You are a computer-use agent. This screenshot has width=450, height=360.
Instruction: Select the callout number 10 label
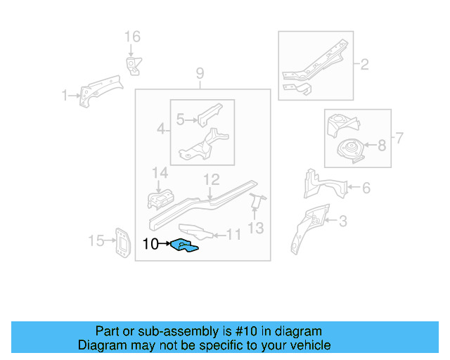[x=150, y=245]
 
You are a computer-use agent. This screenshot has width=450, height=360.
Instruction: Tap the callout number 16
[x=132, y=37]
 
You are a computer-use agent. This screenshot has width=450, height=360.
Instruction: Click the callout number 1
[x=64, y=95]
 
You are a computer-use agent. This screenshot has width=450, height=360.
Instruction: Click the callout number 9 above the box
[x=200, y=73]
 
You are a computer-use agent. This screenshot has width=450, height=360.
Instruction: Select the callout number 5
[x=180, y=120]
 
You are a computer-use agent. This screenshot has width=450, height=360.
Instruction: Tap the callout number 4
[x=161, y=129]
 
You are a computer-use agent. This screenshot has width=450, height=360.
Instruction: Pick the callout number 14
[x=160, y=173]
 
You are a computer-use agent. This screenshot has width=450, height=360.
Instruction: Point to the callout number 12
[x=212, y=180]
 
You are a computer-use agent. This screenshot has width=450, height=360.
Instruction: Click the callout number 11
[x=233, y=235]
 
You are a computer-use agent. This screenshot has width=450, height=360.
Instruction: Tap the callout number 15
[x=96, y=241]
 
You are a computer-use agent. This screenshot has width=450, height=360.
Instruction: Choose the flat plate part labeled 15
[x=122, y=243]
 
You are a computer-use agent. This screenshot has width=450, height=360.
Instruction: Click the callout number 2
[x=365, y=65]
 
